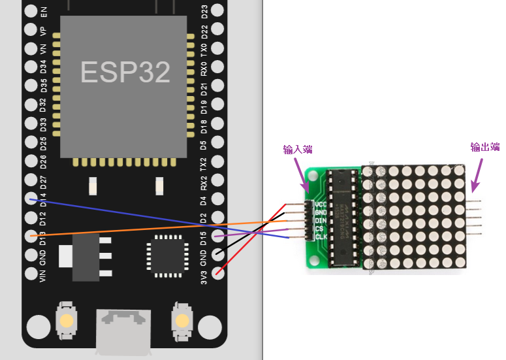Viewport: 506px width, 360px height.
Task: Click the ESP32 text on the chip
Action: tap(125, 72)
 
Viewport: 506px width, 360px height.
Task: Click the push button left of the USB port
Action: tap(67, 320)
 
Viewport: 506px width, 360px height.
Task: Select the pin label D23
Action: tap(204, 11)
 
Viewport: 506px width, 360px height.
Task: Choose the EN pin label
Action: tap(43, 11)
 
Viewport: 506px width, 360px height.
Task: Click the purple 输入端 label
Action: tap(297, 150)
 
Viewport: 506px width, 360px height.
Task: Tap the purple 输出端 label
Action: tap(485, 147)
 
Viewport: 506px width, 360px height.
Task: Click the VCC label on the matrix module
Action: tap(321, 205)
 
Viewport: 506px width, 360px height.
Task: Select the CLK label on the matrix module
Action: tap(321, 237)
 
